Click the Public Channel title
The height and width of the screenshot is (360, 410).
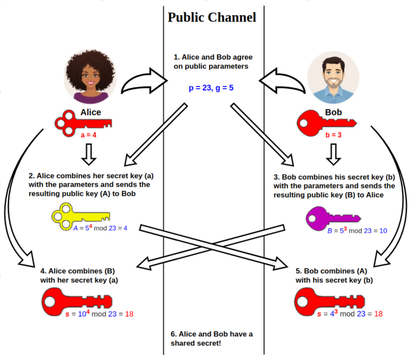coord(211,17)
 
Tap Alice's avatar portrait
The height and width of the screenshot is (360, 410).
coord(91,77)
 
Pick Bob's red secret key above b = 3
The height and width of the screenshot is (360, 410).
coord(325,124)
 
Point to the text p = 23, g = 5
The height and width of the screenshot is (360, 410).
coord(211,88)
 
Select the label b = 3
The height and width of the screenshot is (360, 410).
coord(333,135)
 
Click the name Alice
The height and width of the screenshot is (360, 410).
coord(91,112)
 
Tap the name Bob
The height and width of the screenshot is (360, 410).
coord(333,113)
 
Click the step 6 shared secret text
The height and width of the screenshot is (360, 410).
coord(212,339)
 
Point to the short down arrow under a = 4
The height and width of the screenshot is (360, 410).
coord(89,154)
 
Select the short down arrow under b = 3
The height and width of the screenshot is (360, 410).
coord(332,155)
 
